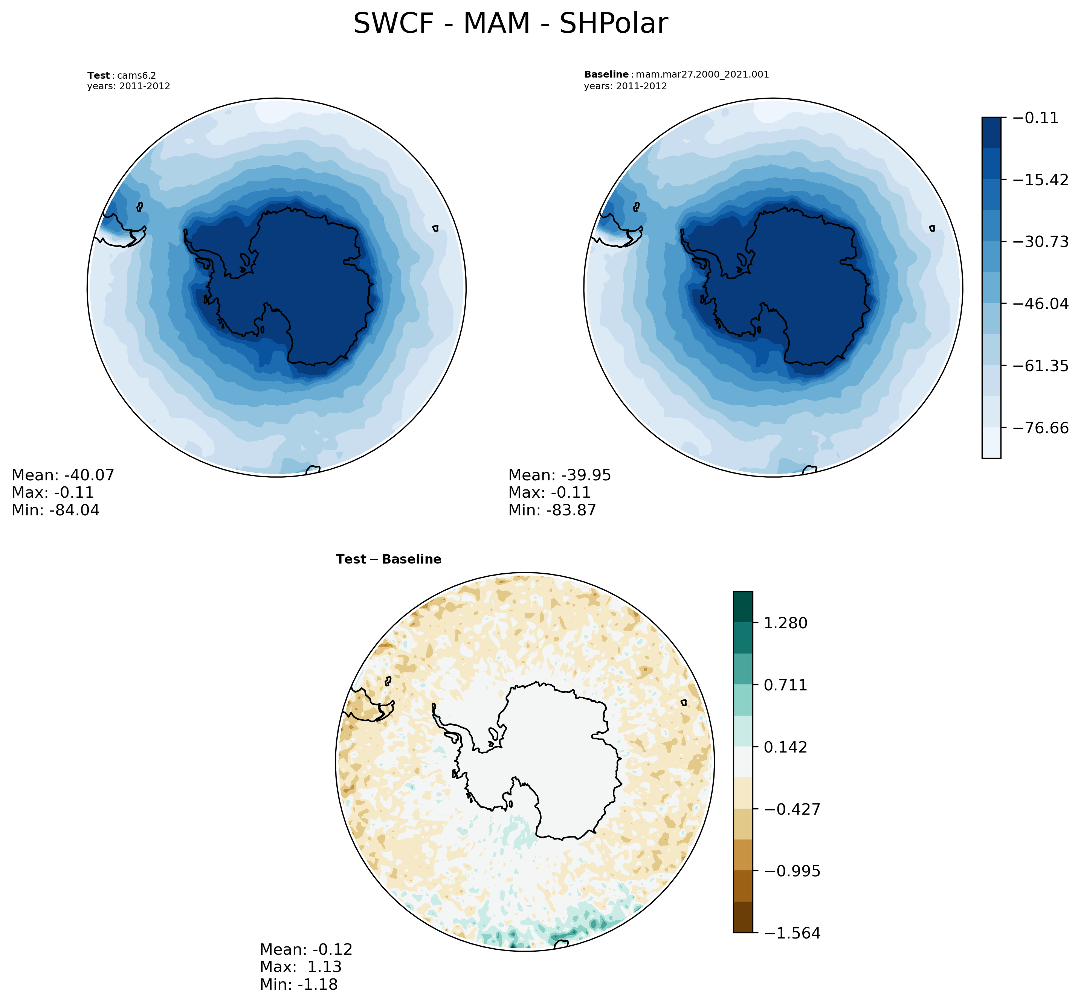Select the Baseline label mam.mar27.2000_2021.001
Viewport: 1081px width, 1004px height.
coord(676,75)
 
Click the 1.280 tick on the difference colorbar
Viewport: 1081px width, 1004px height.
coord(785,623)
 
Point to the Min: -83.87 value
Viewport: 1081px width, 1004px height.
coord(552,510)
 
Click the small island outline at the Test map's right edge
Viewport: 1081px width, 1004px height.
coord(435,228)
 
